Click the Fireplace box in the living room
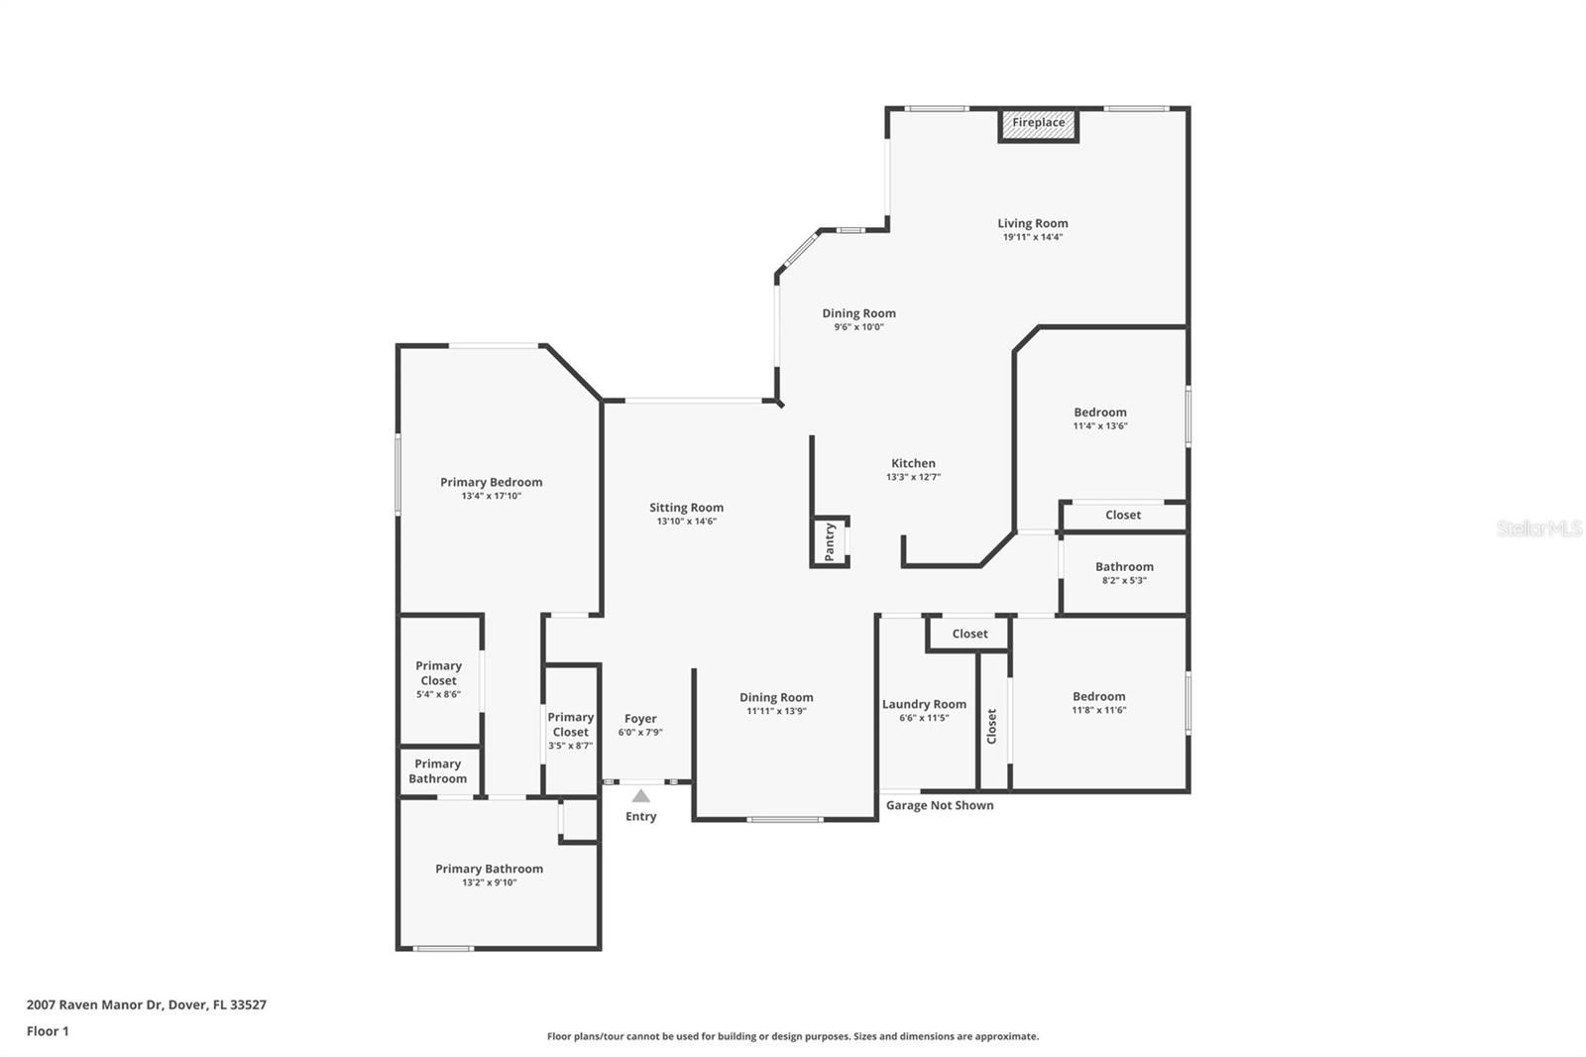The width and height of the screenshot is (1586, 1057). (x=1038, y=124)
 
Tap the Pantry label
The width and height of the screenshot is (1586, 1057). (x=830, y=542)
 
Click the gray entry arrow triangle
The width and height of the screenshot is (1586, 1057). (x=641, y=796)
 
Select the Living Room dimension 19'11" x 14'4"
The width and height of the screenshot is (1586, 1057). (x=1033, y=237)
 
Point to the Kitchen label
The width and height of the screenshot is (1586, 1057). (x=913, y=463)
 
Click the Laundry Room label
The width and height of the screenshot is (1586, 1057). (x=924, y=704)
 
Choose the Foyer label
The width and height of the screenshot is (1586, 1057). (x=640, y=719)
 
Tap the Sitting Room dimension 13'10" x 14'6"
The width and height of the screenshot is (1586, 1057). (x=686, y=522)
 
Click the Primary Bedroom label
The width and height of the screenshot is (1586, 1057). (x=491, y=483)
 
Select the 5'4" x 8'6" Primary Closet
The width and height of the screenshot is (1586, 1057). (x=438, y=679)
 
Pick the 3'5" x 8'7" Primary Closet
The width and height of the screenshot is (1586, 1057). (x=570, y=731)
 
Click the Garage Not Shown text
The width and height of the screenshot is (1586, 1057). (x=939, y=805)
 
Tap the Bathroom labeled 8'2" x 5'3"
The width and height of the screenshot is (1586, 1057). (x=1124, y=572)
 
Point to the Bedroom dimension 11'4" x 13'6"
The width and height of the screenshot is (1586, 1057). (x=1100, y=426)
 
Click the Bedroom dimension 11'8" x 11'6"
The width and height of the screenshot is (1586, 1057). (x=1098, y=710)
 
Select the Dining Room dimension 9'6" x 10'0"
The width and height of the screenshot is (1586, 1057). (x=858, y=327)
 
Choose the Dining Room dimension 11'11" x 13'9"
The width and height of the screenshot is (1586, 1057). (x=776, y=711)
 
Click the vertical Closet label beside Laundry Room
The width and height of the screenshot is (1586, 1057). (x=991, y=726)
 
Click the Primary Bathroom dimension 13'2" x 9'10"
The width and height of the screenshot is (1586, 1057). (x=489, y=882)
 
